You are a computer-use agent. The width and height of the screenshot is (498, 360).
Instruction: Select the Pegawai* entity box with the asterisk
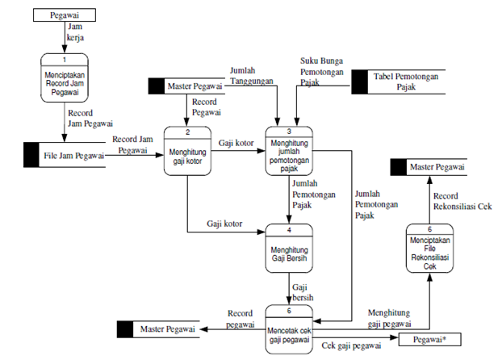pos(428,340)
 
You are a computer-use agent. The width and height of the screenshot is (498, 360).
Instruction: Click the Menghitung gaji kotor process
pos(187,149)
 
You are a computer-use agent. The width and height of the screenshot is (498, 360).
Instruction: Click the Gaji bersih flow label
pos(303,292)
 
